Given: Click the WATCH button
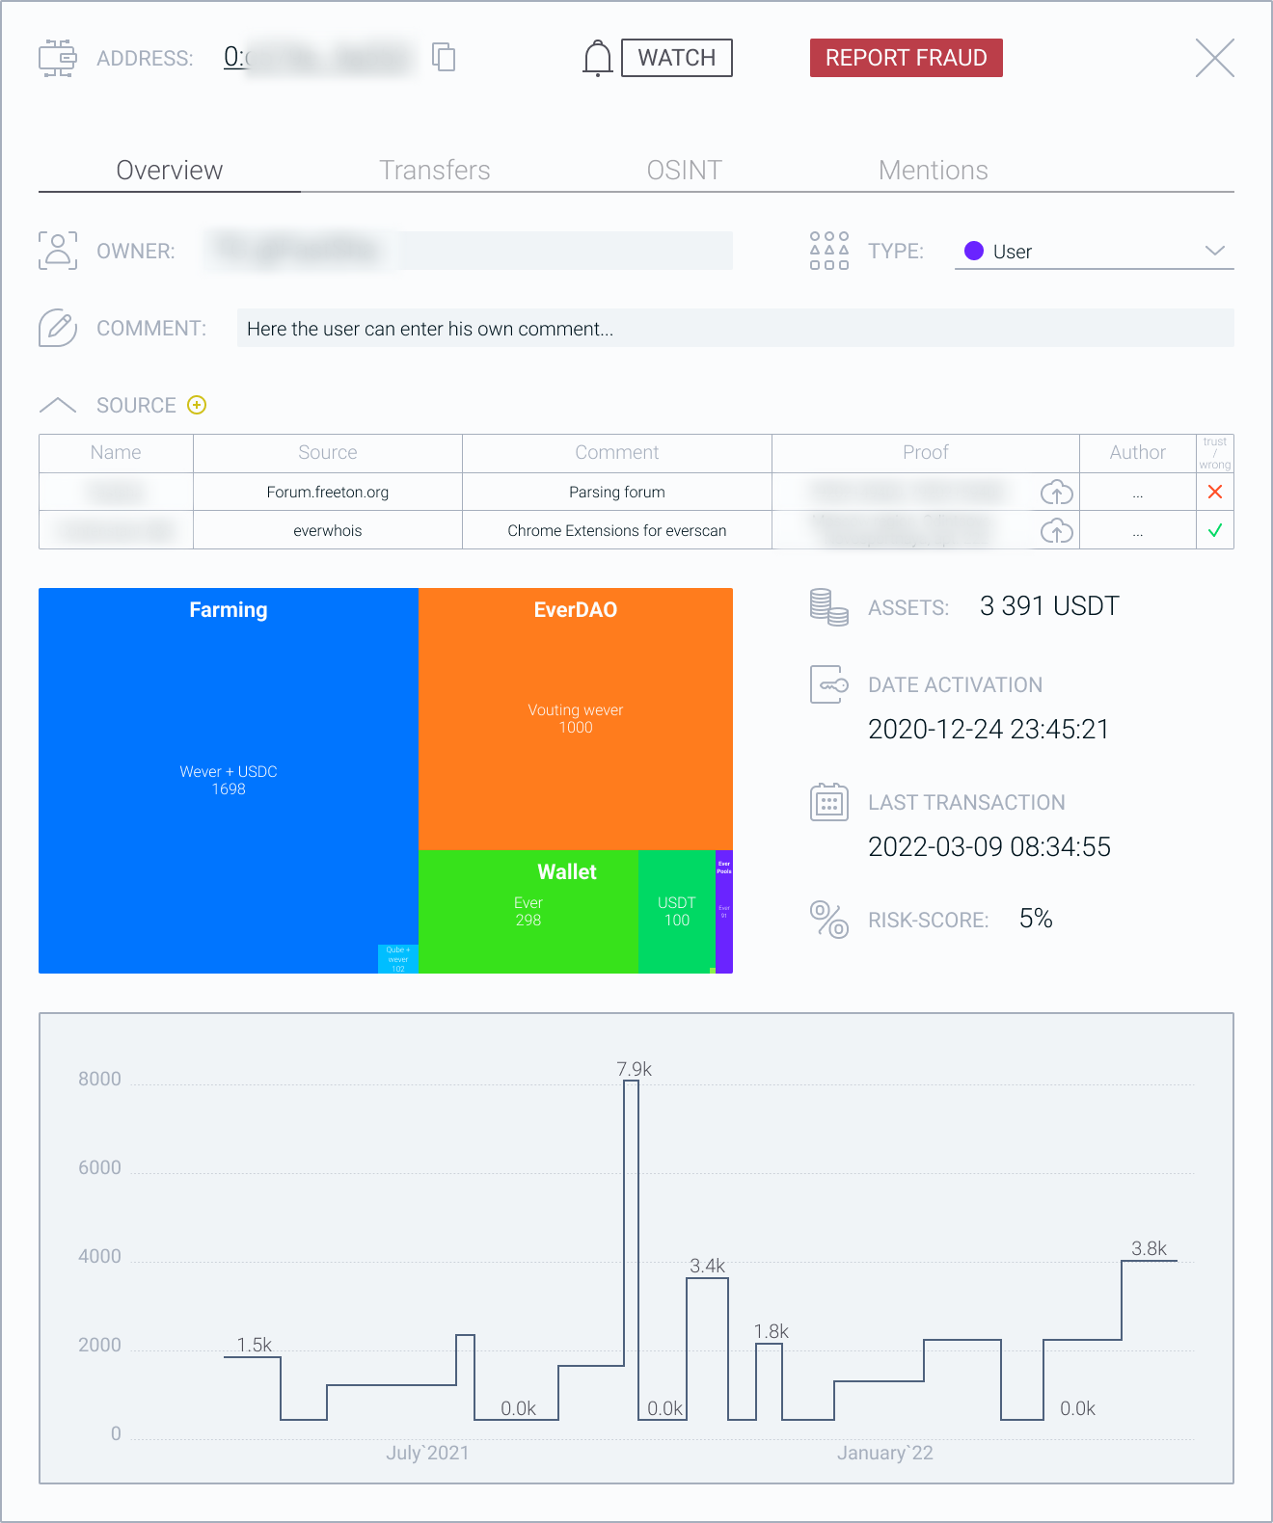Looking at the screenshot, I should (x=676, y=58).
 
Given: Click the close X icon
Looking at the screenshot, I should (x=1214, y=58).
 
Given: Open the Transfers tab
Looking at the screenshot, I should (x=435, y=171).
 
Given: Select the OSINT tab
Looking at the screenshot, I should (x=684, y=171).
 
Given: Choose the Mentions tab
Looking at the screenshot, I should (x=933, y=171).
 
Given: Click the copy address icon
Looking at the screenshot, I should (x=444, y=58).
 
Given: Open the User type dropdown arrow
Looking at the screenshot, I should (x=1214, y=252).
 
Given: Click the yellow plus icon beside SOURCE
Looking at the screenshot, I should (x=197, y=405).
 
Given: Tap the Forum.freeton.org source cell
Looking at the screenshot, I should (x=328, y=493).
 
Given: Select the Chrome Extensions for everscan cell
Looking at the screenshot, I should (x=617, y=531).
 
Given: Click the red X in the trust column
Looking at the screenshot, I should (x=1215, y=493).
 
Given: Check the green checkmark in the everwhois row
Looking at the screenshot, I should (x=1215, y=531).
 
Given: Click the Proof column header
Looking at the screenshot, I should (x=925, y=453).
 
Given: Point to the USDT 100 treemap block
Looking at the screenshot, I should (x=676, y=911).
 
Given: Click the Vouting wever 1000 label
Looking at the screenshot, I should (x=576, y=718).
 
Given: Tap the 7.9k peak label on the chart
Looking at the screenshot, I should (x=634, y=1069).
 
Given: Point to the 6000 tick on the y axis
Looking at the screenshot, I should (x=100, y=1168).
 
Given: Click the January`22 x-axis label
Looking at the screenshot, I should (x=884, y=1453).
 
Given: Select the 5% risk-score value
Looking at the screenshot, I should (x=1036, y=919).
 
